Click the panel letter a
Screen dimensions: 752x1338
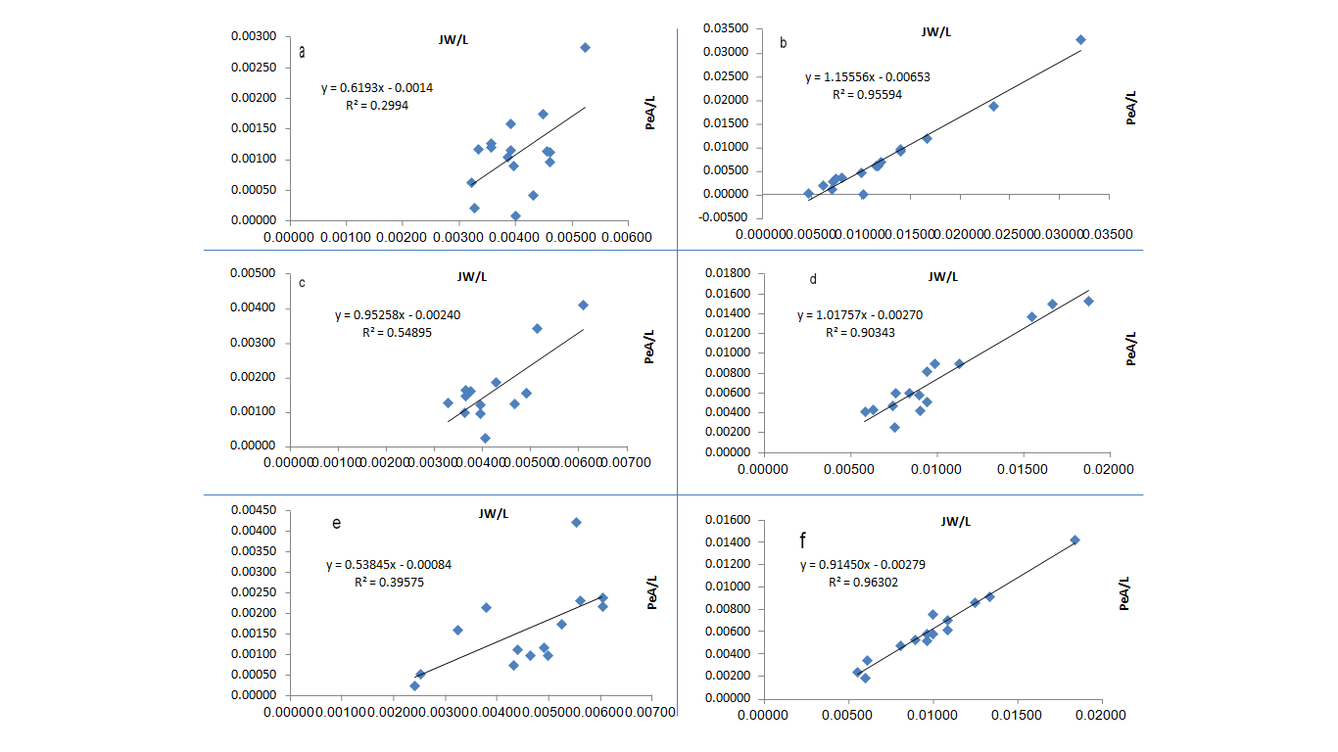pos(302,52)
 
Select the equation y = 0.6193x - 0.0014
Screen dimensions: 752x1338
pos(377,88)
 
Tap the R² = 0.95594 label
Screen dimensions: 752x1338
pos(867,95)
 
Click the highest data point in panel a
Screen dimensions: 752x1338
pos(585,47)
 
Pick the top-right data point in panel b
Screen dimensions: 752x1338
pos(1080,40)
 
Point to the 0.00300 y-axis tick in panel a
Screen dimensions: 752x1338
pos(254,37)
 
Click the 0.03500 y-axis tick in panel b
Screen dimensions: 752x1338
pos(726,28)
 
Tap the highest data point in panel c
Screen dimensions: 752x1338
pos(583,305)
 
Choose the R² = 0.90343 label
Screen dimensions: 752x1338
pos(859,333)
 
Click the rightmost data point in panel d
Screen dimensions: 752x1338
pos(1088,301)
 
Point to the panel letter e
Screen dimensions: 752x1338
pos(336,523)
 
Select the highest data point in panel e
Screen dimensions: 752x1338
pos(576,522)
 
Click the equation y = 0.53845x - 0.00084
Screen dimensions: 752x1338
pos(388,565)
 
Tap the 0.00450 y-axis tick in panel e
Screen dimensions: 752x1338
pos(254,511)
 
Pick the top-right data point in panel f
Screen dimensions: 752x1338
pos(1075,540)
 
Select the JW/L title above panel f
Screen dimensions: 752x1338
pos(955,521)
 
